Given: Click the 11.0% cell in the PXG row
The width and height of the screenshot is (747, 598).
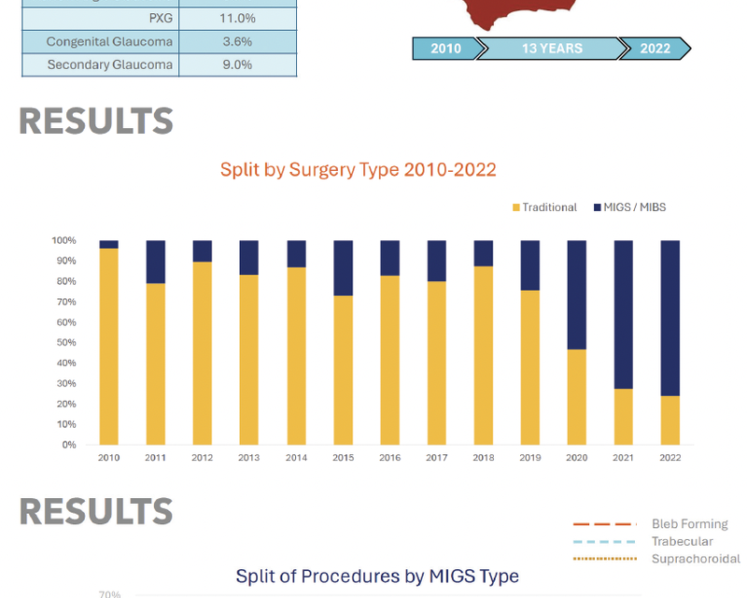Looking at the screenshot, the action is (237, 18).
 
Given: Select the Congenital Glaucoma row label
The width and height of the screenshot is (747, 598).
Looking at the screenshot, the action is (109, 41).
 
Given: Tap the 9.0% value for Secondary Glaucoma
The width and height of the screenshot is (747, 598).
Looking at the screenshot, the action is (237, 64).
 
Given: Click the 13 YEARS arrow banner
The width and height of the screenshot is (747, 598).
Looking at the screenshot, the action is (552, 49).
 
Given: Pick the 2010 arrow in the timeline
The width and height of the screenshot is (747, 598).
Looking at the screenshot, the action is (446, 49).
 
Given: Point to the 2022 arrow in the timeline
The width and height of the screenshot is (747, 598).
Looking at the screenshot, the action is (655, 49).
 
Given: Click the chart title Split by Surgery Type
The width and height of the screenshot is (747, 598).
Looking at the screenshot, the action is (358, 170).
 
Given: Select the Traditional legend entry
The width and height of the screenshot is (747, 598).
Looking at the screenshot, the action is (544, 207).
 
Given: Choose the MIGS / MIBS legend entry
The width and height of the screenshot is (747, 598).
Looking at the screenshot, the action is (629, 207).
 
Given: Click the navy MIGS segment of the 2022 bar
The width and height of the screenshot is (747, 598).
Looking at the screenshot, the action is (669, 318).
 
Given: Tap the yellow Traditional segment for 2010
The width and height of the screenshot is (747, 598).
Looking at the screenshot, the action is (108, 347).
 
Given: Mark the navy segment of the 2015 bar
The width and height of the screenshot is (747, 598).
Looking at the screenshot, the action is (343, 268).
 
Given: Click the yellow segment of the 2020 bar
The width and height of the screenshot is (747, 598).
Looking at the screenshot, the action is (576, 397).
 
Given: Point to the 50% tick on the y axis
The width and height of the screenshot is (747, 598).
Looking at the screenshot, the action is (66, 342).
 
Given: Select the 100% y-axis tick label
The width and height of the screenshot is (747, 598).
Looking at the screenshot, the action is (63, 240).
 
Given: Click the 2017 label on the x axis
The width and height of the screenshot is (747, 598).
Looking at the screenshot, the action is (436, 458).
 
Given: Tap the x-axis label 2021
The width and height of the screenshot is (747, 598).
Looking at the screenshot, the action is (623, 458).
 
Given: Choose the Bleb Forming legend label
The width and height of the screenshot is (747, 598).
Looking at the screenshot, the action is (690, 524).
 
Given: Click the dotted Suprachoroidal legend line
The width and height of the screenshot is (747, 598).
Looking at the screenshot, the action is (605, 559).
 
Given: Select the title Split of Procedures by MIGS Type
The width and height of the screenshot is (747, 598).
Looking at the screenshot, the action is (377, 577).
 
